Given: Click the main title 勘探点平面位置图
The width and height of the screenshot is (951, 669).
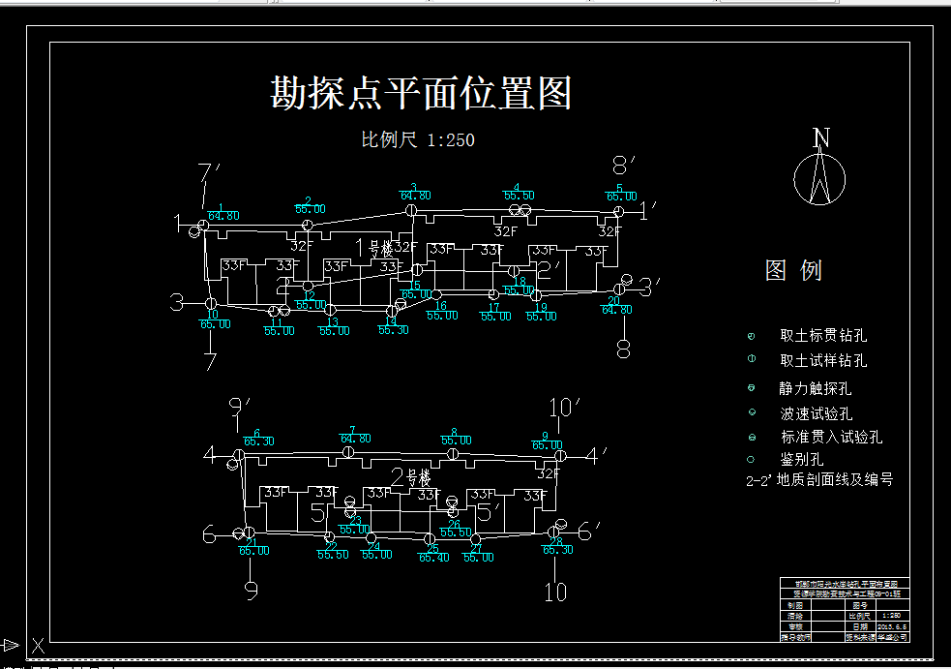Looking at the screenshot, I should pyautogui.click(x=421, y=94).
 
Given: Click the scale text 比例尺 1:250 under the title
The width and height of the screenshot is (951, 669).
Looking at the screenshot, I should pyautogui.click(x=418, y=140).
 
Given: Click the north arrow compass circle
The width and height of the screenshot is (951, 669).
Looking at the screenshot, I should pyautogui.click(x=819, y=180).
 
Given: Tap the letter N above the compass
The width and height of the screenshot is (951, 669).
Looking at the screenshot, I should pyautogui.click(x=821, y=138).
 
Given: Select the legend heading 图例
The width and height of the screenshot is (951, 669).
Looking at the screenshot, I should pyautogui.click(x=793, y=270).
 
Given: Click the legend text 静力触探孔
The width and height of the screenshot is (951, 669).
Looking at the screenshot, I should pyautogui.click(x=815, y=389).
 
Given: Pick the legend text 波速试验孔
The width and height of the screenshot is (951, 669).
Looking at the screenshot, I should pyautogui.click(x=815, y=414).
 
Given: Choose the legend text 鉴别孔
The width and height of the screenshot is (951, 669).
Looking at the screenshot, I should pyautogui.click(x=801, y=459).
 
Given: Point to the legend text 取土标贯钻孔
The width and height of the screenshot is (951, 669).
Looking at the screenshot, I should pyautogui.click(x=823, y=336).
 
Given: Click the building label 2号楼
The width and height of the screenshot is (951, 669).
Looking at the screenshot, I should pyautogui.click(x=410, y=477).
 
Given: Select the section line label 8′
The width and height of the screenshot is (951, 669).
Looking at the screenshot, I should pyautogui.click(x=624, y=165).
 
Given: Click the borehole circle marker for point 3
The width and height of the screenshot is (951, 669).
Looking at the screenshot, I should pyautogui.click(x=411, y=209).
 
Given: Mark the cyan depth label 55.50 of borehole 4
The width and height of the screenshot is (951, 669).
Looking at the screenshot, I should pyautogui.click(x=519, y=197).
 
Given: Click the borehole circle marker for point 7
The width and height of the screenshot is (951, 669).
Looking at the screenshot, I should pyautogui.click(x=348, y=452).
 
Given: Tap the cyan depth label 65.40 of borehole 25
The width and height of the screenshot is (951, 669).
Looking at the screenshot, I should pyautogui.click(x=433, y=558).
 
